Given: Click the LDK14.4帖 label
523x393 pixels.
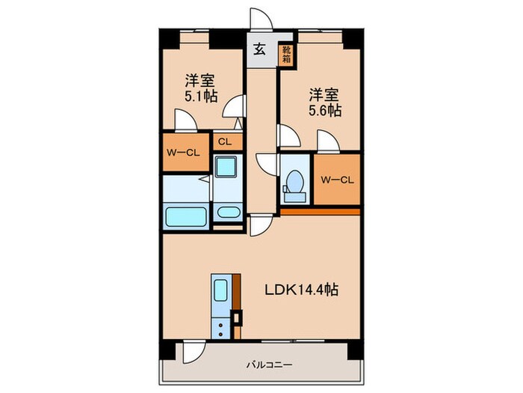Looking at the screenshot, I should pyautogui.click(x=301, y=290).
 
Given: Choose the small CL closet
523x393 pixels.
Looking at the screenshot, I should pyautogui.click(x=224, y=141).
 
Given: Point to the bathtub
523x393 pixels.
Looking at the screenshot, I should pyautogui.click(x=185, y=217).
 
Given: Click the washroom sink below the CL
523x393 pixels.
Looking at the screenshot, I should pyautogui.click(x=226, y=168).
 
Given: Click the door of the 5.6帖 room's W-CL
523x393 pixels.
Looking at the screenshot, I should pyautogui.click(x=326, y=141).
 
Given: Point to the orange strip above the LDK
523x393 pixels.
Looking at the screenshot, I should pyautogui.click(x=320, y=211).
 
